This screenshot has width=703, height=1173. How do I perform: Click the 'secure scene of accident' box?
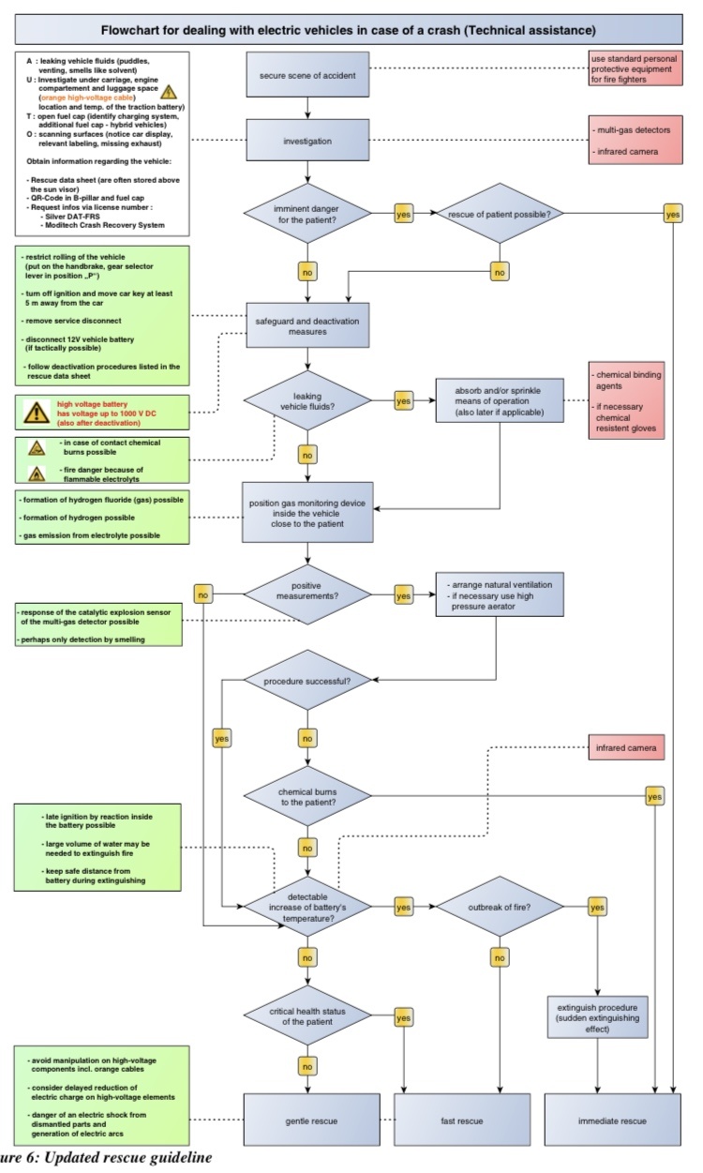coord(307,74)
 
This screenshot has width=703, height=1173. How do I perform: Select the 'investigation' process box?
coord(307,140)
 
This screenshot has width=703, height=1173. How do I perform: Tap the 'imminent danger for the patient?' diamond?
coord(307,214)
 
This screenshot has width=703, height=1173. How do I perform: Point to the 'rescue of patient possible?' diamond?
coord(500,214)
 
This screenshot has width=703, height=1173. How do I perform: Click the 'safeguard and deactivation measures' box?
coord(307,325)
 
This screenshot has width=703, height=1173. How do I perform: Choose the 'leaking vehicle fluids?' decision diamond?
coord(307,401)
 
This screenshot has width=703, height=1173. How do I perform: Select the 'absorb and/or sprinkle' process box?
coord(500,400)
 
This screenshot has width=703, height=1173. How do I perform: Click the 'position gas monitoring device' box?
coord(307,512)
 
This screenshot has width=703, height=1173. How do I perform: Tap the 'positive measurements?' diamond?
coord(307,594)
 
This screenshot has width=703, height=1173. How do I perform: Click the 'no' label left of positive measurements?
coord(202,594)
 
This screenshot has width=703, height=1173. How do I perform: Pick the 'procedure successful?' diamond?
coord(307,680)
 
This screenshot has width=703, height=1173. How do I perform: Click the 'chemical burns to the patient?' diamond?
coord(307,796)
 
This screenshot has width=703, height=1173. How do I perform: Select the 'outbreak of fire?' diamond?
coord(500,907)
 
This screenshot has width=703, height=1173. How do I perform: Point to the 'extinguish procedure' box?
coord(597,1017)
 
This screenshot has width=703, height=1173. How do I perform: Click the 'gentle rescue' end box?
coord(311,1120)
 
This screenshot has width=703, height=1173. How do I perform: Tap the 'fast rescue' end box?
coord(462,1120)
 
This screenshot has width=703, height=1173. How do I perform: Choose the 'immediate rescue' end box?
coord(612,1120)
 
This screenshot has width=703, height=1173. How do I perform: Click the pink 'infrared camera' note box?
coord(626,747)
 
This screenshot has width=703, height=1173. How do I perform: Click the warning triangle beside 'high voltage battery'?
coord(37,413)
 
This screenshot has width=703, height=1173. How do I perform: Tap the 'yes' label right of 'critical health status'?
coord(403,1017)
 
